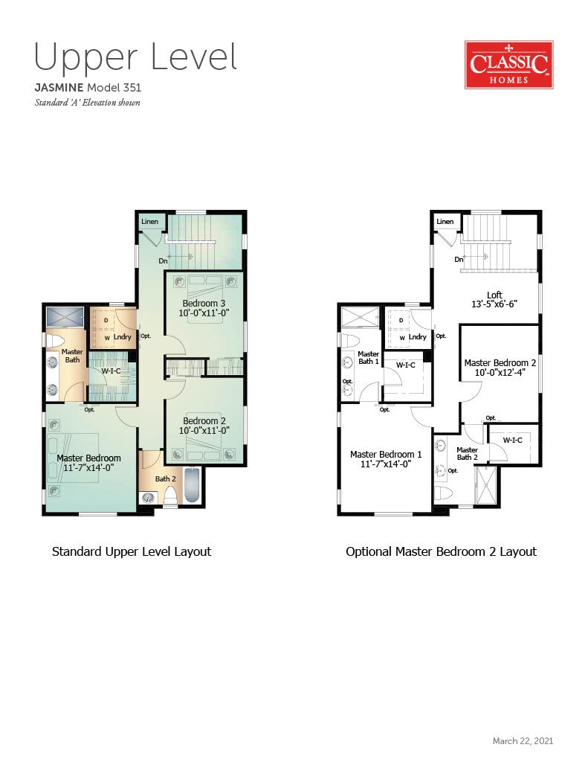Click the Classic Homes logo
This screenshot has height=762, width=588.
pos(509,65)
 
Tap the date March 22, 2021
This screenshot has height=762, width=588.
pos(523,740)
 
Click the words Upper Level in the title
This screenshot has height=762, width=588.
pos(135,58)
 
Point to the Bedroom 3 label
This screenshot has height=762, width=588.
pos(204,304)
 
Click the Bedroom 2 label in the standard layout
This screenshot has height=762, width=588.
pos(204,421)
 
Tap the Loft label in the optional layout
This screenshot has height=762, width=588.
pos(494,295)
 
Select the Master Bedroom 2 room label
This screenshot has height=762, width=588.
pos(500,363)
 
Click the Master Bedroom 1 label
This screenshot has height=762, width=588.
pos(386,455)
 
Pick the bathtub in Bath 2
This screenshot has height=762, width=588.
pos(193,485)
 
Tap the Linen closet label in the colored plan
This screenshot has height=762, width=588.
pos(149,222)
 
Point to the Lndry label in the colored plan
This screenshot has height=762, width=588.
pos(123,337)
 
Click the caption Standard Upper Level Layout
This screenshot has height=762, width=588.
pos(132,551)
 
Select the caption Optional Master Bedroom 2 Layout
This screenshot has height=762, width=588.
pos(441,551)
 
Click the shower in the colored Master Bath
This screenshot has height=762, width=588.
pos(65,317)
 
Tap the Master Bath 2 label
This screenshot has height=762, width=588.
pos(467,453)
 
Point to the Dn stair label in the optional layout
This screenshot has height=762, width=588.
pos(459,260)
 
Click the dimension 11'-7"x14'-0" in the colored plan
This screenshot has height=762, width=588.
pos(89,468)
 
